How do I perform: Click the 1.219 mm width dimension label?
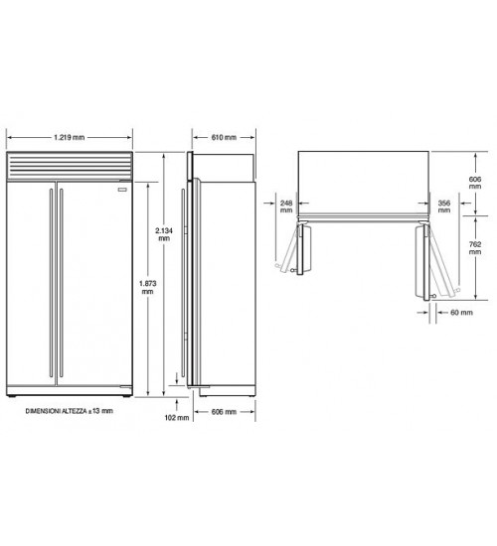(x=69, y=137)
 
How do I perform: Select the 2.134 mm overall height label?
(x=164, y=234)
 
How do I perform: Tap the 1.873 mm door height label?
(x=147, y=287)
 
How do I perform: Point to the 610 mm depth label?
(x=224, y=137)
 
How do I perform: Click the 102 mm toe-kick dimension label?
(x=177, y=417)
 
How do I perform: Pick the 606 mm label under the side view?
(x=224, y=412)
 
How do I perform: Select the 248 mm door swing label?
(x=286, y=206)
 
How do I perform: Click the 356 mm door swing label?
(x=444, y=206)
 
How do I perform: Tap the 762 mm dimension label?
(x=475, y=248)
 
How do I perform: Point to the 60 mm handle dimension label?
(x=461, y=313)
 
